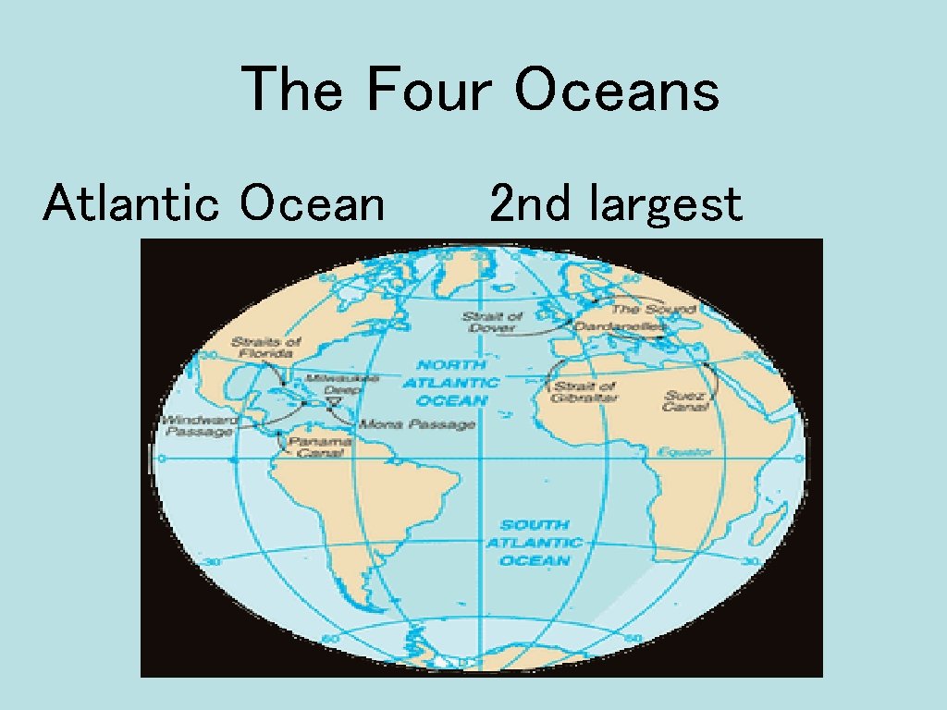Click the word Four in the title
pyautogui.click(x=431, y=91)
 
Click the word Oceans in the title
pyautogui.click(x=617, y=91)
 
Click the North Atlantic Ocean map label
pyautogui.click(x=451, y=383)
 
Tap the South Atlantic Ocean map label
pyautogui.click(x=535, y=543)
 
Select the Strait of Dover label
pyautogui.click(x=493, y=323)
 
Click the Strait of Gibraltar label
pyautogui.click(x=585, y=391)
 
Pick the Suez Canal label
pyautogui.click(x=685, y=401)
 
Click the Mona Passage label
pyautogui.click(x=417, y=424)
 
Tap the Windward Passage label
pyautogui.click(x=198, y=425)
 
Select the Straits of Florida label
pyautogui.click(x=266, y=347)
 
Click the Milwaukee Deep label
pyautogui.click(x=341, y=385)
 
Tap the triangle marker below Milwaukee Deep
pyautogui.click(x=333, y=401)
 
